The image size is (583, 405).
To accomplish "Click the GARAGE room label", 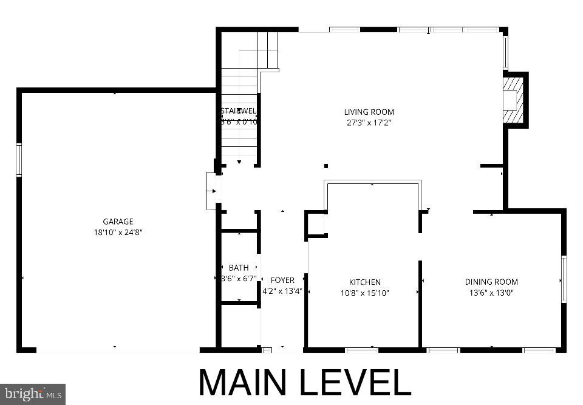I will pos(118,222).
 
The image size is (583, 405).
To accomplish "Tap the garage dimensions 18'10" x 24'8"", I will pos(118,232).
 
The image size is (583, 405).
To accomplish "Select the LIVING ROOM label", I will pos(369,112).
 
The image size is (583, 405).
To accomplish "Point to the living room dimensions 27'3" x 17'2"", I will pos(369,122).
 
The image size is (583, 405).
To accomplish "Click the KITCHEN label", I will pos(364,282).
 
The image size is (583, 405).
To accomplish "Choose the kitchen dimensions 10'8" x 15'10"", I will pos(364,293).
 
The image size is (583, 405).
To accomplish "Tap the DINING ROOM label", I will pos(491,282).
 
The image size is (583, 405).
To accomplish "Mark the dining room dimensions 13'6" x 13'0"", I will pos(491,293).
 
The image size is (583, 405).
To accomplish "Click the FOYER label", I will pos(282,280).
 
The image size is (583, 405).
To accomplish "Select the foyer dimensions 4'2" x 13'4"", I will pos(282,291).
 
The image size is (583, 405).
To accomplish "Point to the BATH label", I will pos(239,268).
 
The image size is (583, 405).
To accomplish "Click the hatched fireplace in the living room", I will pos(514,100).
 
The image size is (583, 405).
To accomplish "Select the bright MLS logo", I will pos(33,394).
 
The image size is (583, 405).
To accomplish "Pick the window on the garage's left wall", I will pos(19,159).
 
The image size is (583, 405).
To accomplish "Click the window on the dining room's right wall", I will pos(564,279).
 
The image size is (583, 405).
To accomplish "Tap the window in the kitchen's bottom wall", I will pos(362,350).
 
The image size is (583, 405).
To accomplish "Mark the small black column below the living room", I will pos(326,166).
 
